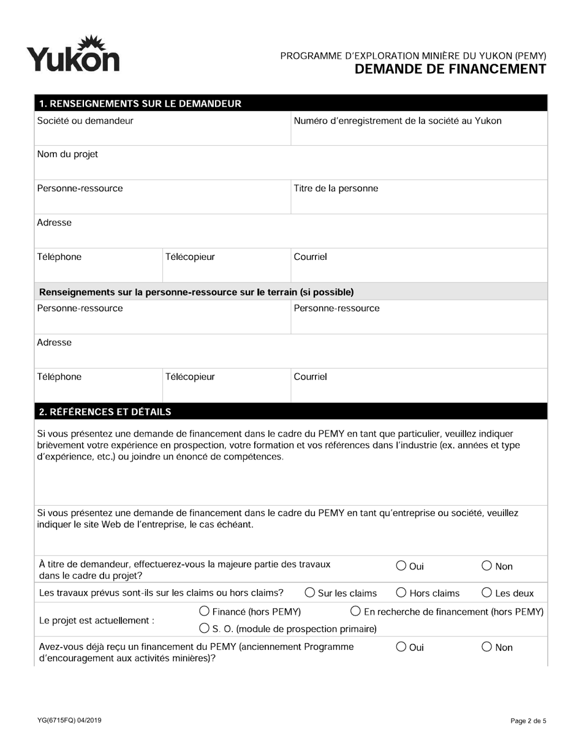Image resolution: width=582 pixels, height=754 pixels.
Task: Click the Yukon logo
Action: tap(72, 55)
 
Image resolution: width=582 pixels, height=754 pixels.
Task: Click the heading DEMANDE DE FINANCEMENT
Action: tap(450, 69)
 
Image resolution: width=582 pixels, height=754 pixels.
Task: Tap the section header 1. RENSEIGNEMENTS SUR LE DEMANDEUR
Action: tap(140, 104)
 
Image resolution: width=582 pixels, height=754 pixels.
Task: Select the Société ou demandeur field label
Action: tap(85, 121)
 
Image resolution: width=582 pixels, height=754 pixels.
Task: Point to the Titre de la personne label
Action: tap(336, 188)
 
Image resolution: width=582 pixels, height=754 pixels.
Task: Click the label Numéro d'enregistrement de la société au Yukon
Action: tap(398, 121)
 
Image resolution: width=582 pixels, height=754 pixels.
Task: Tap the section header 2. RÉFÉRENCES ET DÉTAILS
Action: tap(105, 411)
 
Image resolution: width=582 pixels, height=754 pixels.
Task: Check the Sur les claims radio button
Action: tap(310, 592)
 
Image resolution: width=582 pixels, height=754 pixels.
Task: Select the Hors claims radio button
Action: tap(401, 592)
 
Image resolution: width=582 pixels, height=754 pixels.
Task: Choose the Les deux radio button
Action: tap(487, 592)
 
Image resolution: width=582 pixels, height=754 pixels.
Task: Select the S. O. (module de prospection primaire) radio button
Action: tap(205, 628)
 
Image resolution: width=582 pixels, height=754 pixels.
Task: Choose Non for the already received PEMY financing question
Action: tap(487, 647)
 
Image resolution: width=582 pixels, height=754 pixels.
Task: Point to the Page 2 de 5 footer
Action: tap(528, 721)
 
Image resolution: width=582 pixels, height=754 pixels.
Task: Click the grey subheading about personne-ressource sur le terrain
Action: tap(196, 292)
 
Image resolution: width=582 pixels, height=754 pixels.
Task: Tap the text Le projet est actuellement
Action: tap(96, 620)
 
